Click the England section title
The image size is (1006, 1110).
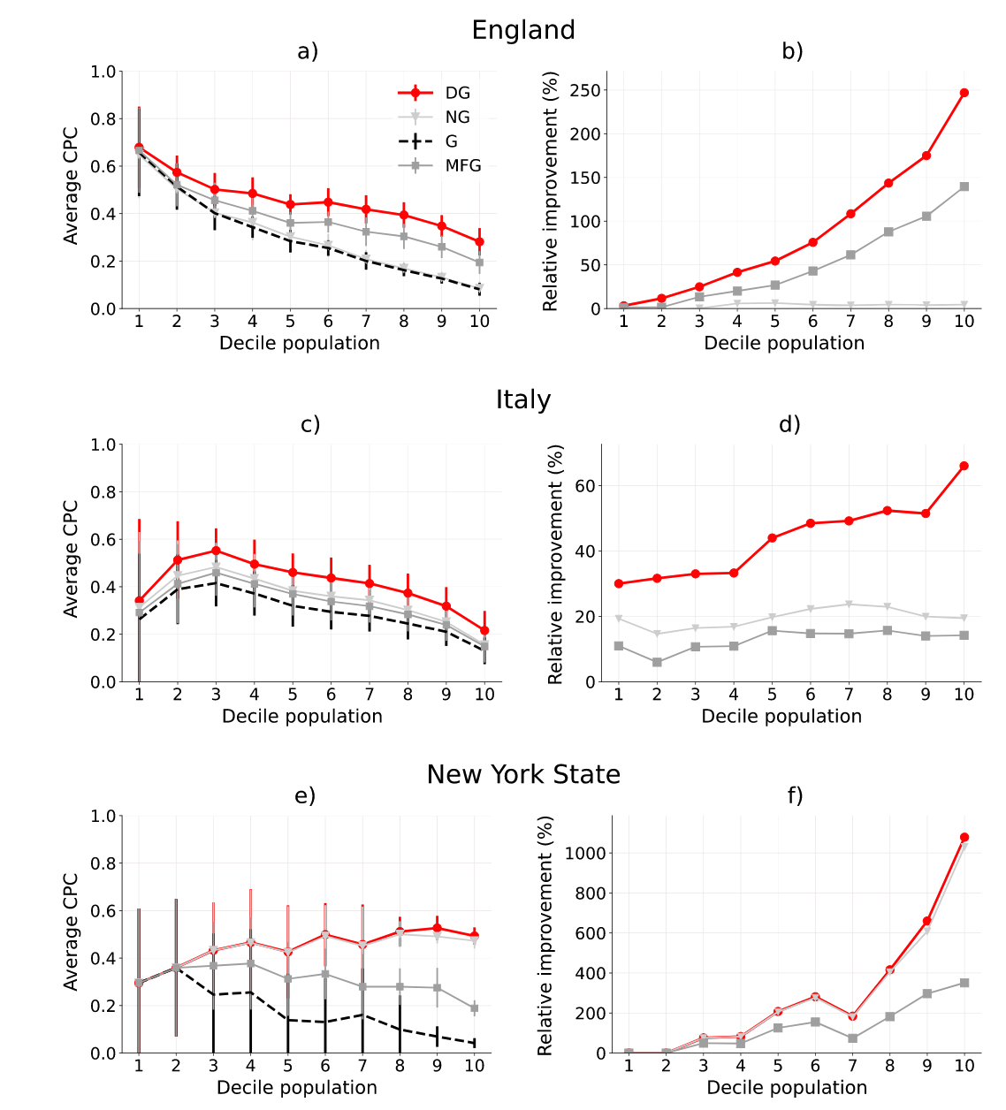523,30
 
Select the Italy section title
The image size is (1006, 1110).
523,400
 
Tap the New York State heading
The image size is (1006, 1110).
523,774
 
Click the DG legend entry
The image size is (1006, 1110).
457,93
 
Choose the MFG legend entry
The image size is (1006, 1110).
463,165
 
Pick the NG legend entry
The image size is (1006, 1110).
457,118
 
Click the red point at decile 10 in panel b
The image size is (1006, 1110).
964,93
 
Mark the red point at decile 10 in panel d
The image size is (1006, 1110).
964,466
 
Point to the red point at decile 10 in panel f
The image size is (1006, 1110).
964,837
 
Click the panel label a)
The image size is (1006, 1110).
308,51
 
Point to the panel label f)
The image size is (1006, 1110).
795,795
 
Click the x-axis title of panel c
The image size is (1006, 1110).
302,716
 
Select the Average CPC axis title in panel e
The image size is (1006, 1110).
71,931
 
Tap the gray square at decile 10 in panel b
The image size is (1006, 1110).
964,186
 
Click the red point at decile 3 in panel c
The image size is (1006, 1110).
216,551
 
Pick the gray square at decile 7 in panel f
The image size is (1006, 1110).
852,1038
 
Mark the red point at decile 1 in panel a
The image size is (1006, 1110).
139,148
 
